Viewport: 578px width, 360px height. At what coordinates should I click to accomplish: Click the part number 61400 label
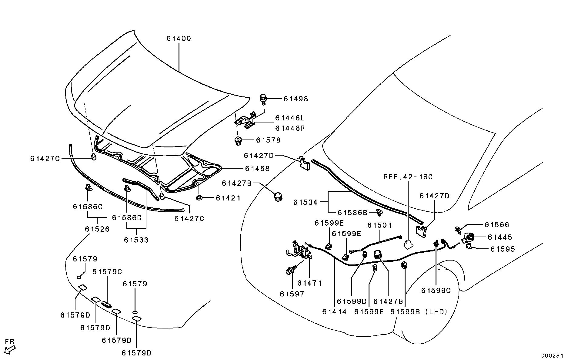[x=179, y=39]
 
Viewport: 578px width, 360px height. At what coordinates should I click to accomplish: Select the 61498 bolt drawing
[x=263, y=99]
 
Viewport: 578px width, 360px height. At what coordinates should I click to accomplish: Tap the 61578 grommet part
[x=238, y=140]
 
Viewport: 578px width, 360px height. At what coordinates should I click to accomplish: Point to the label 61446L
[x=289, y=118]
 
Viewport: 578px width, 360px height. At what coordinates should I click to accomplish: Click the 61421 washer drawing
[x=199, y=198]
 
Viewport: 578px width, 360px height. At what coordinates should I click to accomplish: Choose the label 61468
[x=257, y=169]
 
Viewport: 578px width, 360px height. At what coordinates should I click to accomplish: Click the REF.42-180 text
[x=408, y=177]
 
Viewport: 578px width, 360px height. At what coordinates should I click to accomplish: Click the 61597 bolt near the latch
[x=290, y=271]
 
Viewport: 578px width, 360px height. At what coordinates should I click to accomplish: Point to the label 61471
[x=309, y=283]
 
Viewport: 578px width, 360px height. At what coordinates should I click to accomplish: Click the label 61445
[x=500, y=237]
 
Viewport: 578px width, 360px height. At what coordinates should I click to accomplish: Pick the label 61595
[x=503, y=249]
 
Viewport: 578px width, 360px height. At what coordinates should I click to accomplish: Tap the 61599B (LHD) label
[x=419, y=311]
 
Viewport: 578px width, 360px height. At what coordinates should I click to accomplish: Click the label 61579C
[x=107, y=272]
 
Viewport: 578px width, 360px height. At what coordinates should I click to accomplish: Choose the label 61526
[x=97, y=229]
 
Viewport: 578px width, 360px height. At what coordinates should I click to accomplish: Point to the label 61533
[x=136, y=240]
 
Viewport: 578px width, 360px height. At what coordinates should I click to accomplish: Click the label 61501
[x=379, y=225]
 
